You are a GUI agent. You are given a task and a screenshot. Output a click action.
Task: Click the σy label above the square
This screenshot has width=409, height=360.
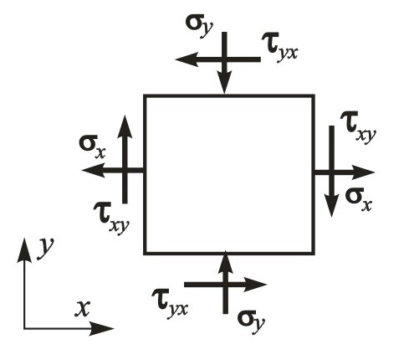[x=199, y=27]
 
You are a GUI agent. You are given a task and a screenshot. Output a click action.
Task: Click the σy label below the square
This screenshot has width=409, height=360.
[x=251, y=322]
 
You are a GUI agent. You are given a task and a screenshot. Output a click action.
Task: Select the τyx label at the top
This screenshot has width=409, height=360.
[x=280, y=49]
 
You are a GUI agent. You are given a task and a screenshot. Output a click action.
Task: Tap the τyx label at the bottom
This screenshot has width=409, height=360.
[x=170, y=303]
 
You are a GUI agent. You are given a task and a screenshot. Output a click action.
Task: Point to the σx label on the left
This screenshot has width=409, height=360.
[x=93, y=147]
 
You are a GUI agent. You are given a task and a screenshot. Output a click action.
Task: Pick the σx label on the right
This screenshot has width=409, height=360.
[x=359, y=199]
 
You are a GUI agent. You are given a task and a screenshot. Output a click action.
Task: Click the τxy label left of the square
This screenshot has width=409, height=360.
[x=111, y=218]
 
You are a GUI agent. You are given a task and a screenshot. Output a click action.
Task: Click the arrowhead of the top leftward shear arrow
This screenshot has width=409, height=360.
[x=187, y=59]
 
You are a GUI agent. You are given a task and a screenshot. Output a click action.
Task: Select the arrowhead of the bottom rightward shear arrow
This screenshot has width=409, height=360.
[x=255, y=285]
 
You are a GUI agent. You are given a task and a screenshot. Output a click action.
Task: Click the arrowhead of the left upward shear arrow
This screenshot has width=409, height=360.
[x=125, y=127]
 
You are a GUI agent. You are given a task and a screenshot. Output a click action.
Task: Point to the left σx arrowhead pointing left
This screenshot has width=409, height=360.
[x=93, y=170]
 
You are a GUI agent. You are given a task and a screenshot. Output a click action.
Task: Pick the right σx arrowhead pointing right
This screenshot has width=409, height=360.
[x=363, y=172]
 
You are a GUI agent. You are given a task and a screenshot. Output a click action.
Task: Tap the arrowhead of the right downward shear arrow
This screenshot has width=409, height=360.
[x=331, y=206]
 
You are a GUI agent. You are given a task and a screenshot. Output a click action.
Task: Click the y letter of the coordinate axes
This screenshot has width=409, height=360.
[x=45, y=249]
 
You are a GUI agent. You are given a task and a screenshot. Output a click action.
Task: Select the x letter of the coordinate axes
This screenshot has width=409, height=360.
[x=83, y=309]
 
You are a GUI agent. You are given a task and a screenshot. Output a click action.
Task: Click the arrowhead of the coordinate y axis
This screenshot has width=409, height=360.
[x=24, y=250]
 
